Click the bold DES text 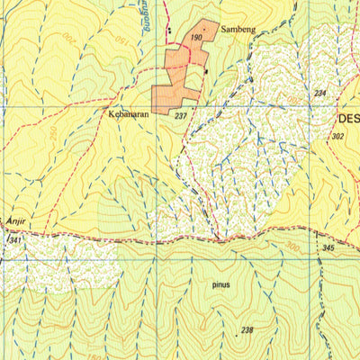[x=347, y=117]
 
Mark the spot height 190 [x=196, y=37]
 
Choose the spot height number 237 [x=180, y=116]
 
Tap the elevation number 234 [x=319, y=94]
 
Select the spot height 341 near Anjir [x=13, y=241]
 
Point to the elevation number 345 [x=328, y=247]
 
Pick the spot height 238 [x=247, y=330]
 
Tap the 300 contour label [x=291, y=244]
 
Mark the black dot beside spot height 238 [x=237, y=334]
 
